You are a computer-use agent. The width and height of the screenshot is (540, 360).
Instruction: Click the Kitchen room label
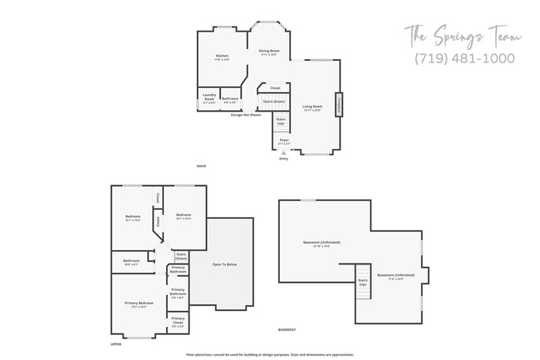pyautogui.click(x=222, y=57)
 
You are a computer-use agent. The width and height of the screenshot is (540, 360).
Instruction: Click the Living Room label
pyautogui.click(x=312, y=107)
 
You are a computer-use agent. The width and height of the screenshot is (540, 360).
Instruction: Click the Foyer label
pyautogui.click(x=283, y=141)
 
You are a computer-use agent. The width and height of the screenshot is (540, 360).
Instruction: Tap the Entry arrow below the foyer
pyautogui.click(x=283, y=153)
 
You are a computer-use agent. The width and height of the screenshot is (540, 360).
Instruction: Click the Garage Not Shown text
pyautogui.click(x=246, y=114)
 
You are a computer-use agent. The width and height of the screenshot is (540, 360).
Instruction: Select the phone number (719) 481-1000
pyautogui.click(x=464, y=59)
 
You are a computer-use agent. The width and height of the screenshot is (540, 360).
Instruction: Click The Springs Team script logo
pyautogui.click(x=463, y=37)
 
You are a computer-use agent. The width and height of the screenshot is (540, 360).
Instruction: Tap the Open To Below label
pyautogui.click(x=225, y=264)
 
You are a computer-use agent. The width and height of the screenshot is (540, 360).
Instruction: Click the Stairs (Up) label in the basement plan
pyautogui.click(x=363, y=281)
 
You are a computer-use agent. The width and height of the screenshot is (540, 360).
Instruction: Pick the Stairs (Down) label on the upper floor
pyautogui.click(x=182, y=256)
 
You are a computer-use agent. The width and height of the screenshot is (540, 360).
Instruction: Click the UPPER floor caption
pyautogui.click(x=116, y=343)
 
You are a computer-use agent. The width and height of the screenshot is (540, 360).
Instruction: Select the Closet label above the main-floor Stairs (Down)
pyautogui.click(x=275, y=88)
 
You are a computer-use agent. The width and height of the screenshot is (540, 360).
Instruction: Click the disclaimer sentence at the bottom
pyautogui.click(x=270, y=354)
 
